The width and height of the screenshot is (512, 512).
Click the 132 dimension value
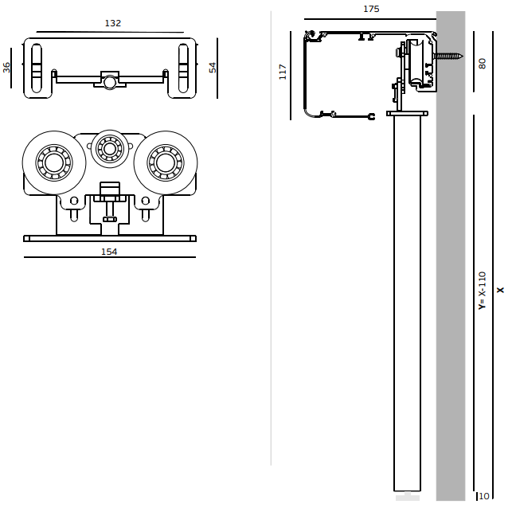coord(113,24)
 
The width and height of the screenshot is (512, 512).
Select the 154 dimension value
coord(109,252)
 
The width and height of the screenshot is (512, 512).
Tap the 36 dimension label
coord(7,68)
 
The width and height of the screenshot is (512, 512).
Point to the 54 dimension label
coord(213,68)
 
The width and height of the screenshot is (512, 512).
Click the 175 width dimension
coord(371,10)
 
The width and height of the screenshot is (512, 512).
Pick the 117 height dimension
coord(283,72)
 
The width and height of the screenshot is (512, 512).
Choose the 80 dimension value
coord(483,63)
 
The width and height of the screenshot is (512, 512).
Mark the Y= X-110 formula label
coord(482,291)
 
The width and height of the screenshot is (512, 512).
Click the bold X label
coord(500,290)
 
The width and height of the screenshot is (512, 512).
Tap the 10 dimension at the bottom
coord(484,496)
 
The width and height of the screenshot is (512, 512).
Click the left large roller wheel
coord(54,163)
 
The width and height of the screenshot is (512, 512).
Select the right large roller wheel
coord(166,163)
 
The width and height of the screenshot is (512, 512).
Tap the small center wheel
coord(110,148)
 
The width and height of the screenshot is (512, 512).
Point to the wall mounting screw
coord(448,56)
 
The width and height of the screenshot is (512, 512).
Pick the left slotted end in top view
coord(37,68)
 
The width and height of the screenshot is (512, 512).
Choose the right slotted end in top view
coord(183,68)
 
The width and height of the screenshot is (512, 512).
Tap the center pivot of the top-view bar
coord(110,82)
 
